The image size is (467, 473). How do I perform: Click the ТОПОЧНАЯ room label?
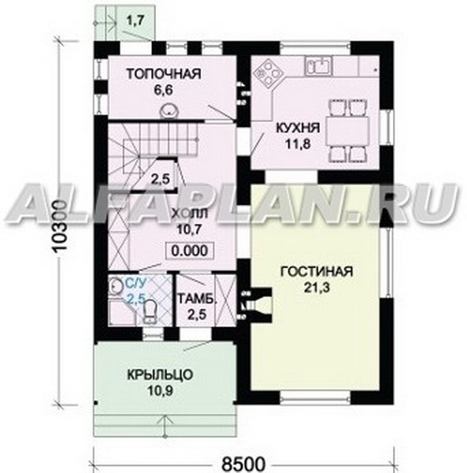164,74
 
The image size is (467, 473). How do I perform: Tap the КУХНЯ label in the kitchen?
298,128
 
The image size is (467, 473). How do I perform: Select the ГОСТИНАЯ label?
317,271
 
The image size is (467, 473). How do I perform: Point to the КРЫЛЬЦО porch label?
160,375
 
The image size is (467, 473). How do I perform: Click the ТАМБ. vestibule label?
198,300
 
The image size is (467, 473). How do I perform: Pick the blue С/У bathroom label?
135,283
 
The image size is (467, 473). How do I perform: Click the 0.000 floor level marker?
190,251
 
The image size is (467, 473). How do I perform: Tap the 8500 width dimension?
243,465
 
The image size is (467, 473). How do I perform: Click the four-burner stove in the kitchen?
269,73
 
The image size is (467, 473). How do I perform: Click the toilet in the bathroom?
150,312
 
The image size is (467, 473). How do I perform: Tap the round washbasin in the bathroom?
115,285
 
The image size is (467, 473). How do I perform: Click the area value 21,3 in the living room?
317,288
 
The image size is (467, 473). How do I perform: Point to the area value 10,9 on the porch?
160,391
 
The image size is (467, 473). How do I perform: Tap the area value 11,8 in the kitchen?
298,144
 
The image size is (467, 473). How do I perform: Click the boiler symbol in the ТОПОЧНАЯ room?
169,110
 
